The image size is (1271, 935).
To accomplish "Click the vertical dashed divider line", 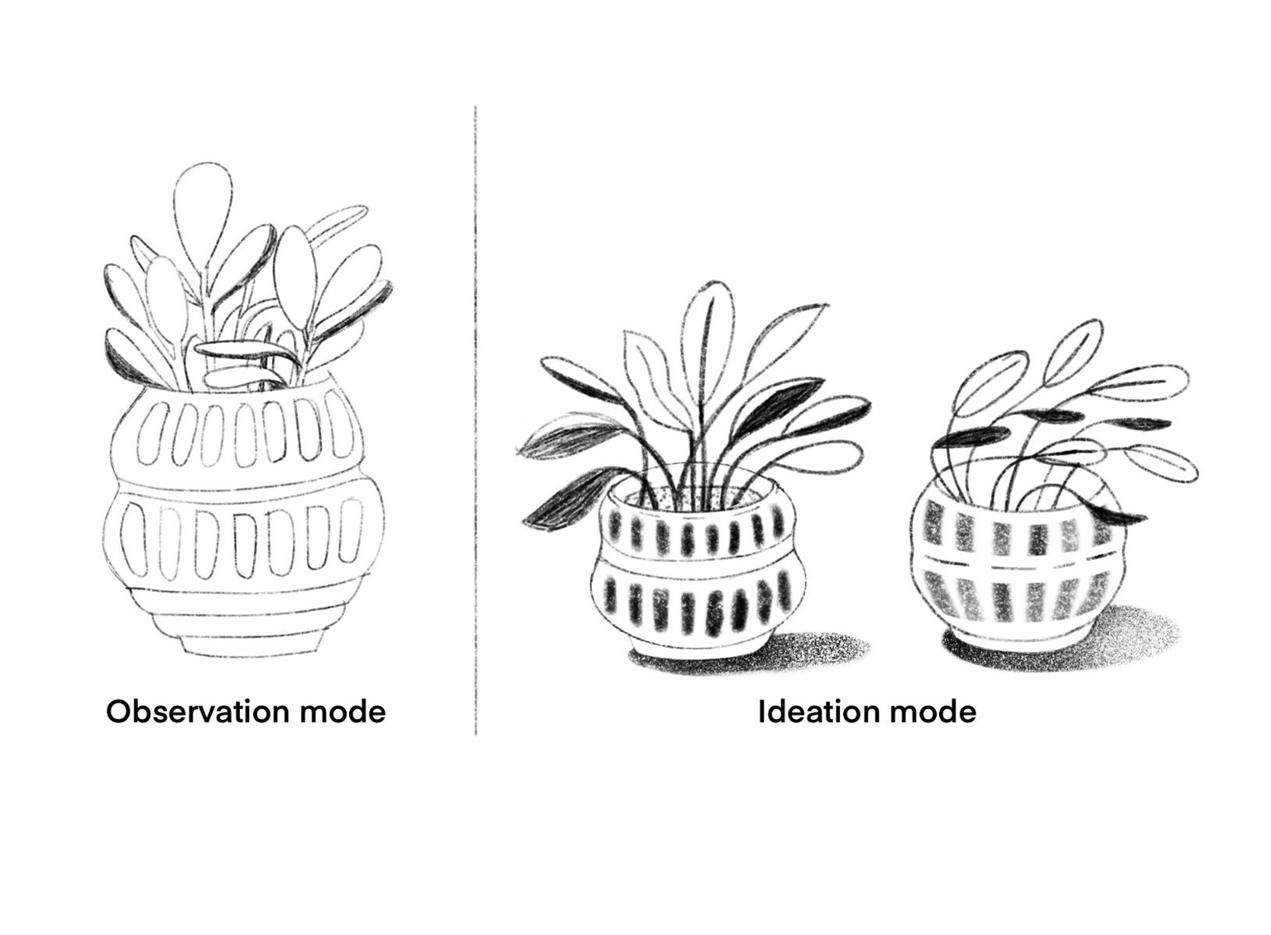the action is pyautogui.click(x=476, y=420).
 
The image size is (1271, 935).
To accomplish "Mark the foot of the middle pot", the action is pyautogui.click(x=699, y=647).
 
